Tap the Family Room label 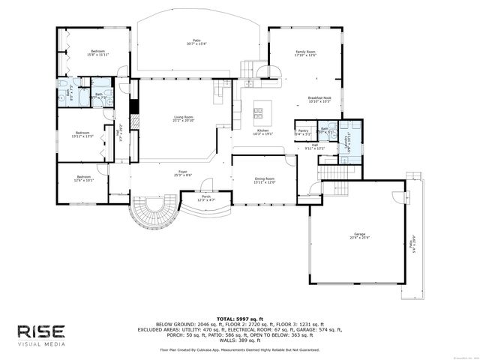[305, 53]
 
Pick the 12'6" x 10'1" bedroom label [83, 178]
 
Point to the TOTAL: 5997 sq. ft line [239, 319]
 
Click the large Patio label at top [197, 42]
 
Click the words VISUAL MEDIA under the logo [42, 344]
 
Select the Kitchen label [263, 131]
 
